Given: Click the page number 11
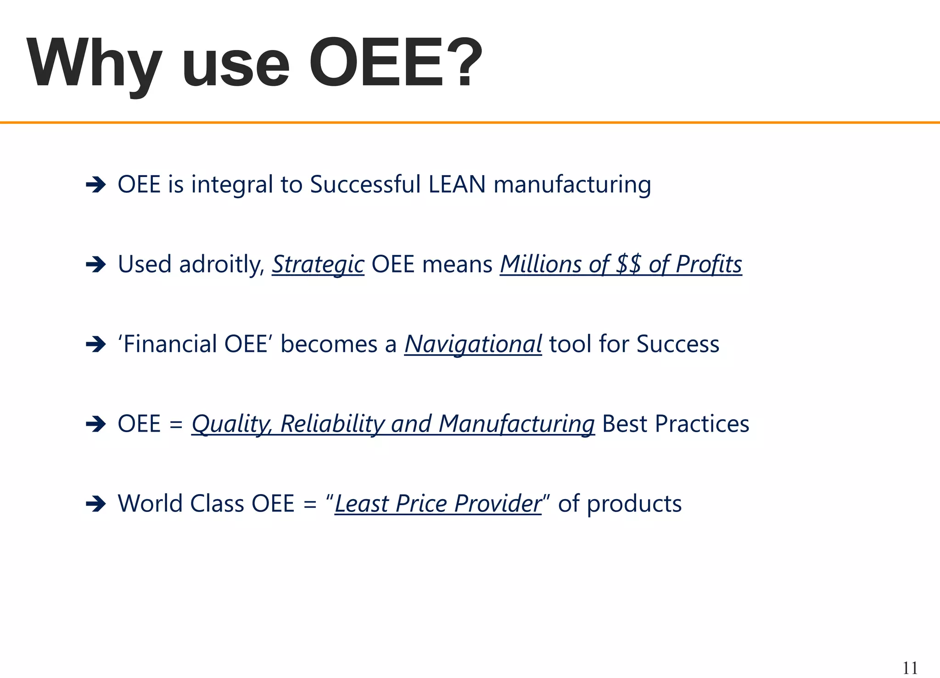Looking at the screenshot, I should point(910,668).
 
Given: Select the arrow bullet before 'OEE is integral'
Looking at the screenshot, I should point(95,185).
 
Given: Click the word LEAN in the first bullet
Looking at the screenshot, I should point(457,184).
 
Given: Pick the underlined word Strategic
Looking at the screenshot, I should point(318,265).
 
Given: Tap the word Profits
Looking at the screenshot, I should point(709,265).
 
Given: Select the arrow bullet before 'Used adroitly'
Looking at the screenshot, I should point(95,265).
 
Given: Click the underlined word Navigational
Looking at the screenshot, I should point(473,345).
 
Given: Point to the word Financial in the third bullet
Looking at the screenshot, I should point(170,344).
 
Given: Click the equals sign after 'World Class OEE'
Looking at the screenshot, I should point(310,504).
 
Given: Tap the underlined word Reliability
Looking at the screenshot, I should point(332,424).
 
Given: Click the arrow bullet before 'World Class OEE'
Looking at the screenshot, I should point(95,504).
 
